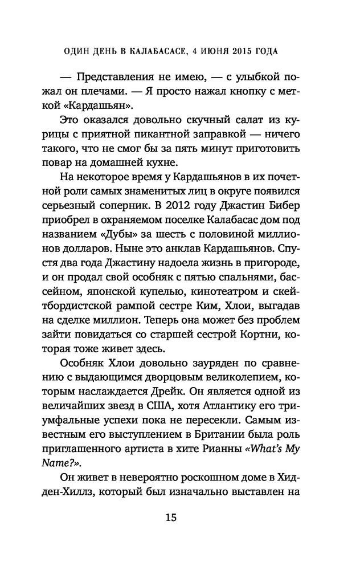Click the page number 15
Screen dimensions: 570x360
[171, 518]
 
